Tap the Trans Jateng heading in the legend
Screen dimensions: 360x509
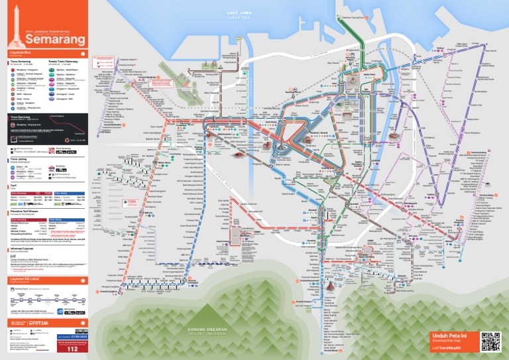19,160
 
